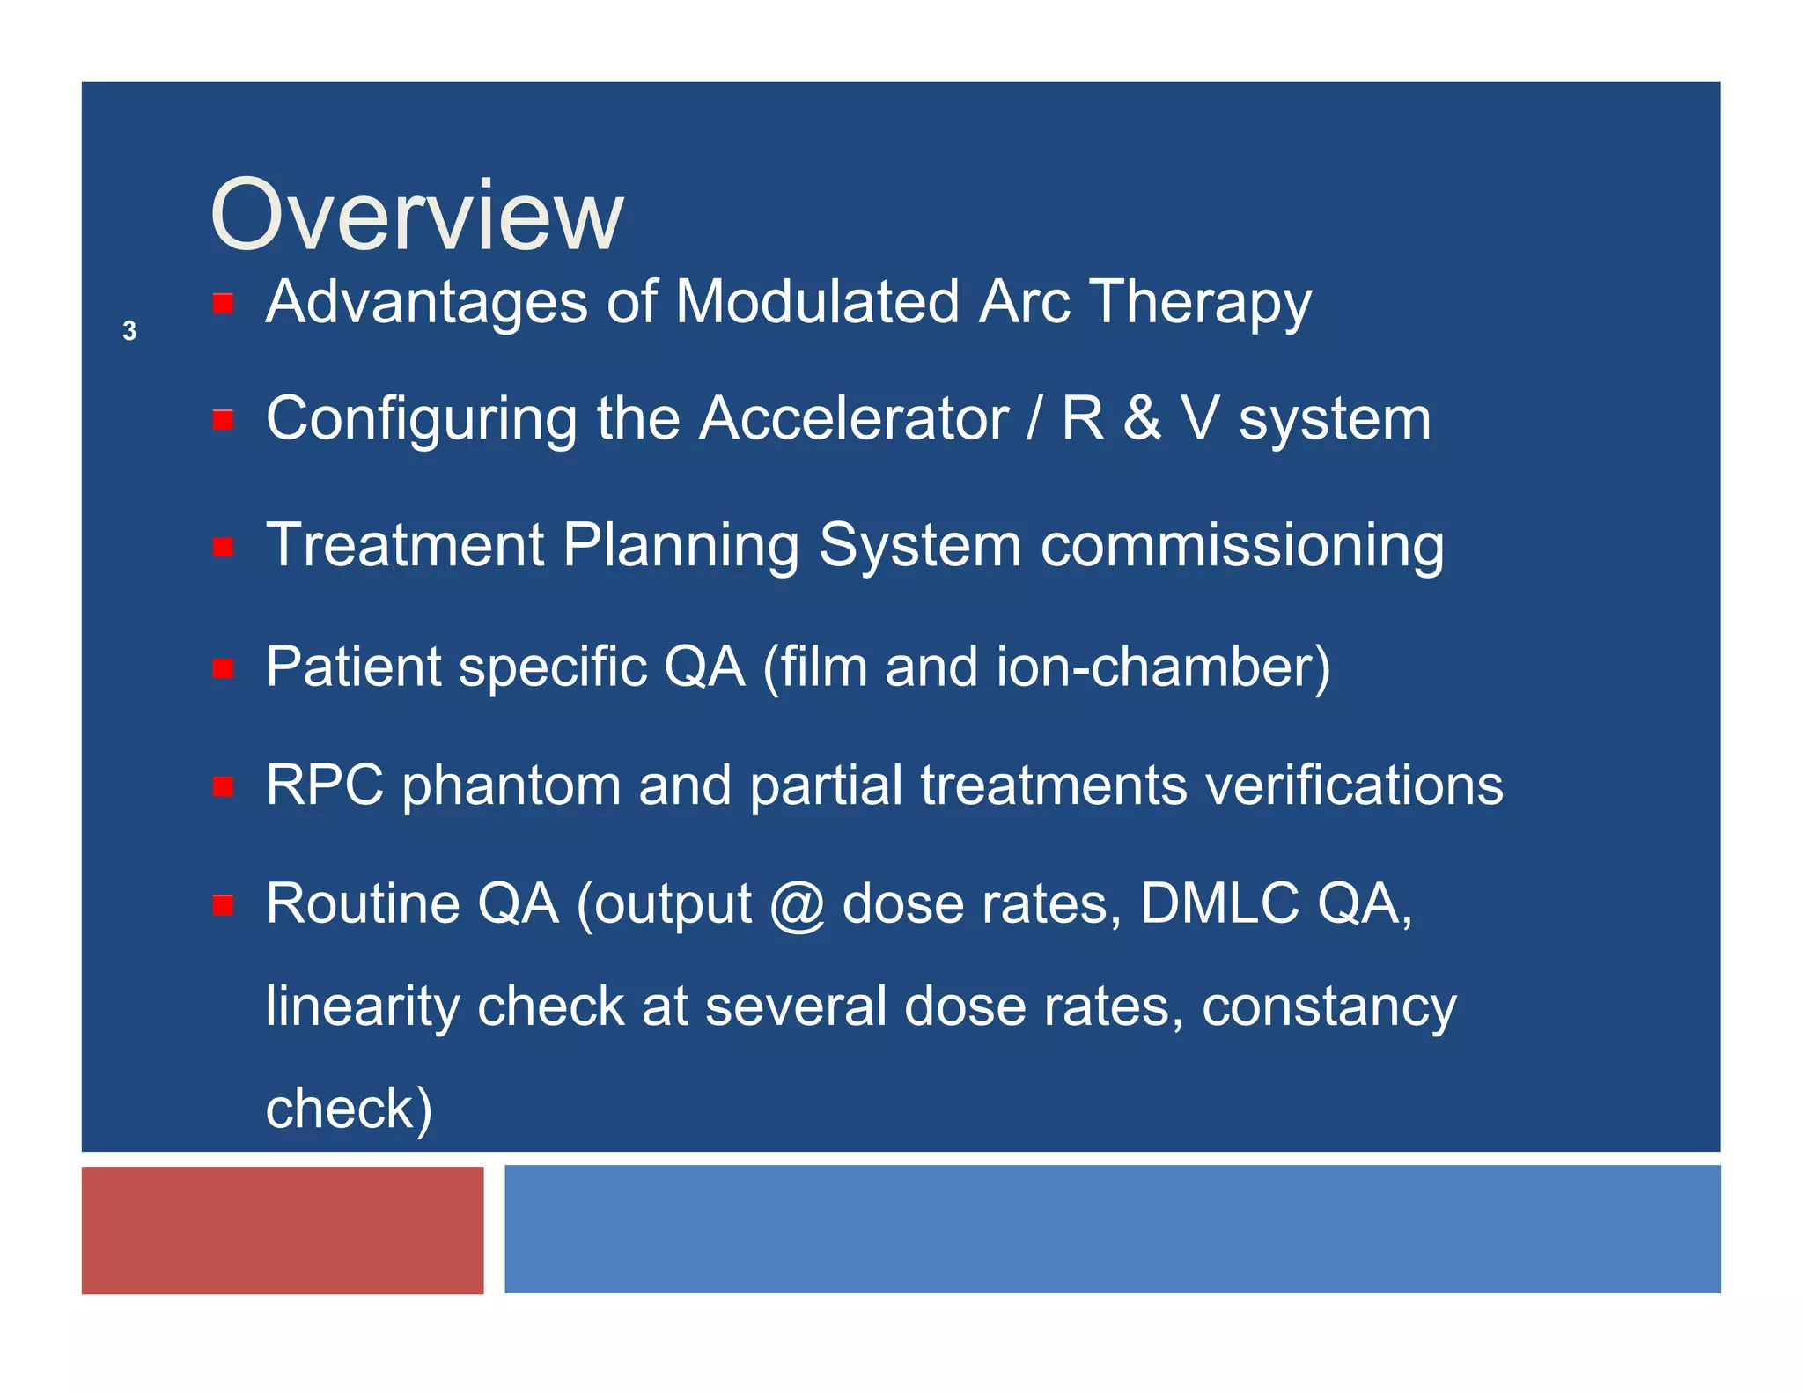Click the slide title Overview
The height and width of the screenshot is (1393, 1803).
pyautogui.click(x=416, y=215)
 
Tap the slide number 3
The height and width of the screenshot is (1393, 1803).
pyautogui.click(x=129, y=331)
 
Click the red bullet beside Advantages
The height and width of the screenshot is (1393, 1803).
pyautogui.click(x=223, y=304)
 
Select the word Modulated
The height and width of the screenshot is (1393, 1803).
pyautogui.click(x=816, y=302)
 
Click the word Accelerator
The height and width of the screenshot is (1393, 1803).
pyautogui.click(x=853, y=418)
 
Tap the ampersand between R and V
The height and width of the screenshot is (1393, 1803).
pyautogui.click(x=1142, y=418)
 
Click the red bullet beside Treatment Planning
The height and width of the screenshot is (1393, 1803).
pyautogui.click(x=223, y=547)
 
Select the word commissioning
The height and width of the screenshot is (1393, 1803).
pyautogui.click(x=1242, y=546)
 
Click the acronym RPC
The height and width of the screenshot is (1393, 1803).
pyautogui.click(x=325, y=785)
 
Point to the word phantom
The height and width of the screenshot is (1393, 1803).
pyautogui.click(x=511, y=786)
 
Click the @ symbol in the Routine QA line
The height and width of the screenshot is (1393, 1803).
pyautogui.click(x=797, y=905)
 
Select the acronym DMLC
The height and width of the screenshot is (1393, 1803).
pyautogui.click(x=1219, y=903)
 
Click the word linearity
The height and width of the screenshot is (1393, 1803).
pyautogui.click(x=362, y=1007)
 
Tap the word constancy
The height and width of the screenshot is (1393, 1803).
pyautogui.click(x=1328, y=1007)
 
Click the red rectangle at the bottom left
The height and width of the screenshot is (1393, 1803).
pyautogui.click(x=283, y=1230)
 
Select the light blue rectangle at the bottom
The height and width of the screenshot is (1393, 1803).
pyautogui.click(x=1112, y=1229)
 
